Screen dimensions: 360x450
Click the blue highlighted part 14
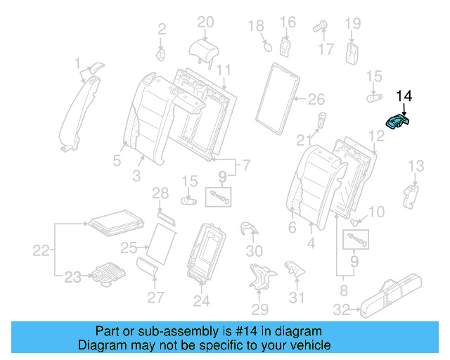click(399, 122)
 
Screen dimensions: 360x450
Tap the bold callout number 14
click(406, 96)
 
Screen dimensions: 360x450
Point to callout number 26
click(316, 98)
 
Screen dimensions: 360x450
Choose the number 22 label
click(42, 250)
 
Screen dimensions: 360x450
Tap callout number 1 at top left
click(78, 65)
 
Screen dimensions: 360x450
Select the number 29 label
click(259, 310)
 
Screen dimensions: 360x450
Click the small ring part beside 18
click(267, 47)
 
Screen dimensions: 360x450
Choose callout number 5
click(118, 160)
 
